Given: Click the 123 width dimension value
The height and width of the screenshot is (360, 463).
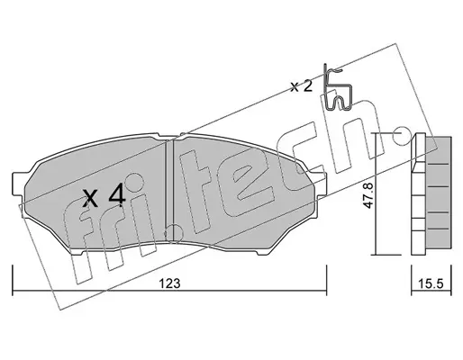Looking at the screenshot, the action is pyautogui.click(x=169, y=283).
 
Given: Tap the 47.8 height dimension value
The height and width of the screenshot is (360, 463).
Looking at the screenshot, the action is pyautogui.click(x=368, y=195).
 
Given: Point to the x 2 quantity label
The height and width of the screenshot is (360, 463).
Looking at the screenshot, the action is pyautogui.click(x=301, y=86).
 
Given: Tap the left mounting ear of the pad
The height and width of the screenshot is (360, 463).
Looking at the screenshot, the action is pyautogui.click(x=17, y=184).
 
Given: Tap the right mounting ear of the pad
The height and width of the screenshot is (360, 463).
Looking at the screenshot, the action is pyautogui.click(x=322, y=184).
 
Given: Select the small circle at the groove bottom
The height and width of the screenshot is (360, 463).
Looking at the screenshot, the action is pyautogui.click(x=174, y=232).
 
